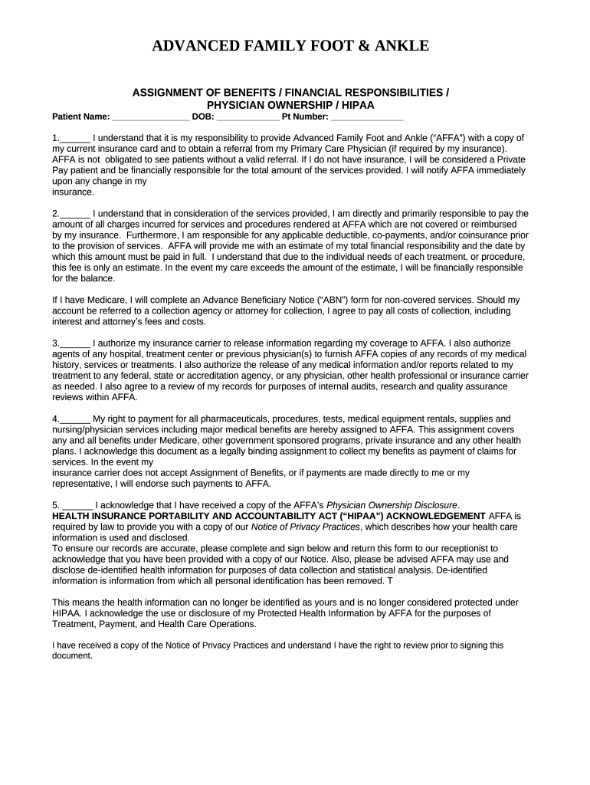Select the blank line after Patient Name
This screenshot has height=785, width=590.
(x=151, y=117)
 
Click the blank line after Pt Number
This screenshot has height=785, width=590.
(x=367, y=117)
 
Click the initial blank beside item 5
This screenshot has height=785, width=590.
(x=77, y=505)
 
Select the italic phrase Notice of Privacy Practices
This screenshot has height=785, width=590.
(x=306, y=527)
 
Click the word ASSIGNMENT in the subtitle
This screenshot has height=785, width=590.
(x=166, y=93)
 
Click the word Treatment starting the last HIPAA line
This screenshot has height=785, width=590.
(x=73, y=624)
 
